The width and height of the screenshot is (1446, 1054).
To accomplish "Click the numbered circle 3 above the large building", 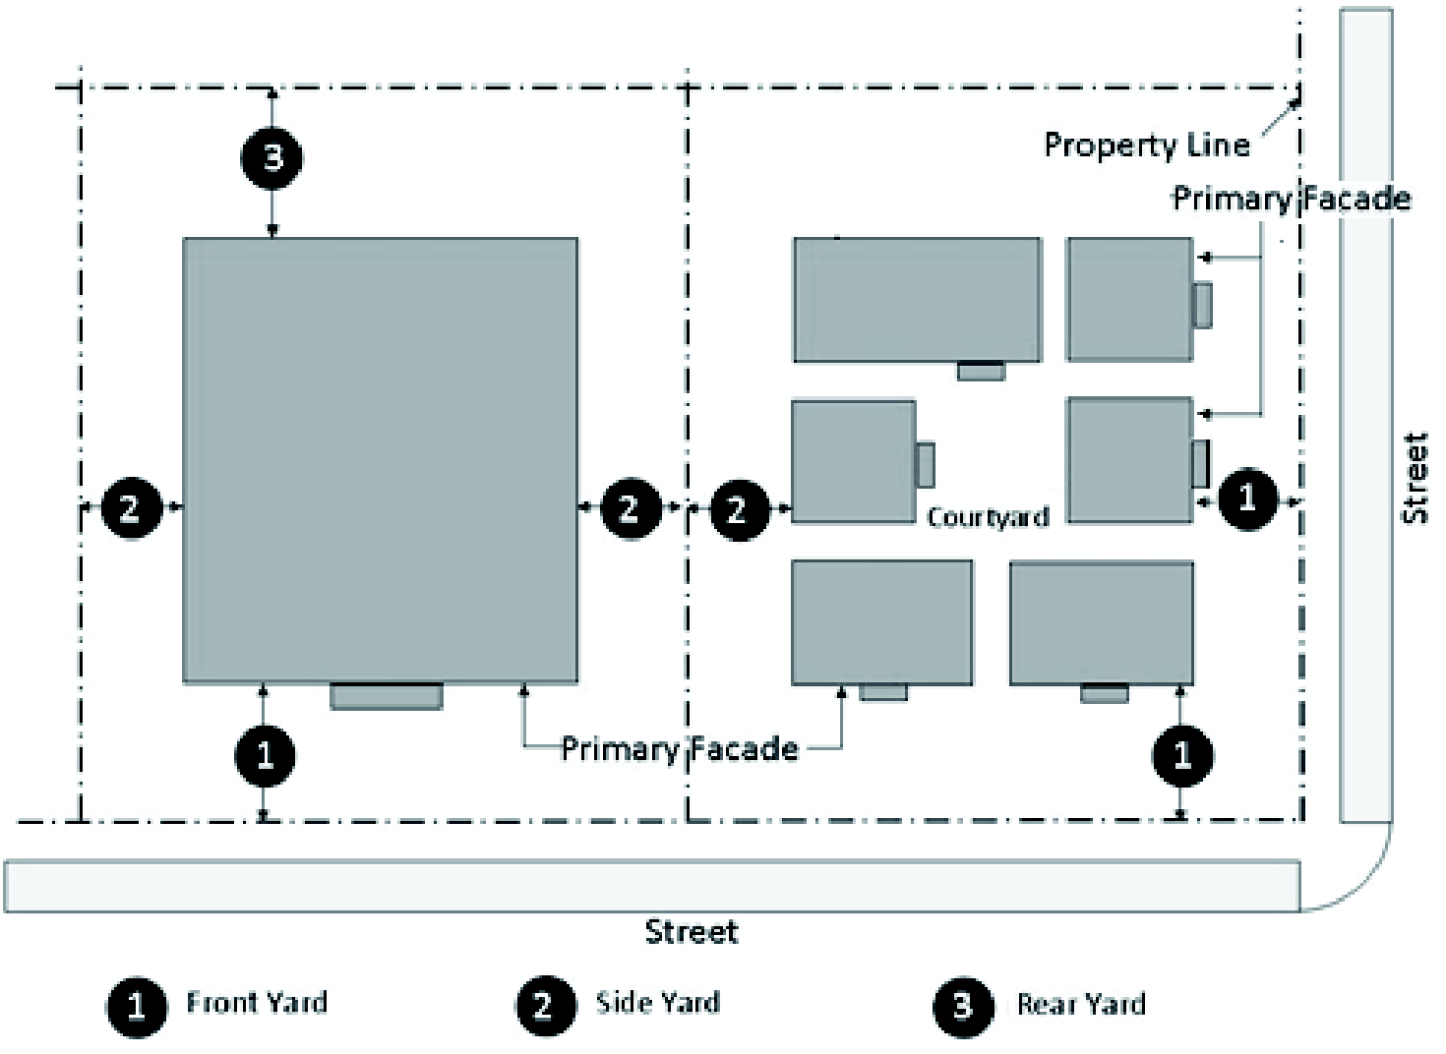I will point(272,157).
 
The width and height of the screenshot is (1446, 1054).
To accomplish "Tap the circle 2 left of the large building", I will point(130,507).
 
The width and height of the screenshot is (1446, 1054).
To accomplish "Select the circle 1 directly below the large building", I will point(264,755).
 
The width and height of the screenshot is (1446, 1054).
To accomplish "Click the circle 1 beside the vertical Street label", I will point(1247,499).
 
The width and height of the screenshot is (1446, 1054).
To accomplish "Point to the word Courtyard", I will point(988,517).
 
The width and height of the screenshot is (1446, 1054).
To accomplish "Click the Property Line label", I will point(1146,146).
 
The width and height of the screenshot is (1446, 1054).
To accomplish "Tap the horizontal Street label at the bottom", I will point(691,931).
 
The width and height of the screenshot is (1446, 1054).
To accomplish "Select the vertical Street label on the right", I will point(1414,478).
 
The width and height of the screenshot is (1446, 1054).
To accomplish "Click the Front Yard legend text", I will point(257,1003).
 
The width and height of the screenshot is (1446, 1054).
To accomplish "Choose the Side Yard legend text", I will point(657,1003).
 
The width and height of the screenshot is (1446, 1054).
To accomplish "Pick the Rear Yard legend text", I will point(1081,1004).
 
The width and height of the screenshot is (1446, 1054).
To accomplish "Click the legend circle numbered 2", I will point(544,1005).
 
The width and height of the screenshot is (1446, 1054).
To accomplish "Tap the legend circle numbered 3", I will point(962,1005).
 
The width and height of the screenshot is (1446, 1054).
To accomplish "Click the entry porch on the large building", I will point(386,696).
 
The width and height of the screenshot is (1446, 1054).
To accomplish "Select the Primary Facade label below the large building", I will point(679,749).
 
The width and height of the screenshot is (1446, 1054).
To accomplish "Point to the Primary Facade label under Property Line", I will point(1291,199).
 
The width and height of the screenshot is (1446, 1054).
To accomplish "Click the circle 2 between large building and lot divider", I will point(630,507).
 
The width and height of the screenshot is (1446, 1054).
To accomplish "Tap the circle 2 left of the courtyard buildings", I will point(738,508).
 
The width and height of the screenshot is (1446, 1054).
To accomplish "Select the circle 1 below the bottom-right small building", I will point(1181,755).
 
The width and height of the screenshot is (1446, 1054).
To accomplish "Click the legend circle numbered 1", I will point(136,1005).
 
